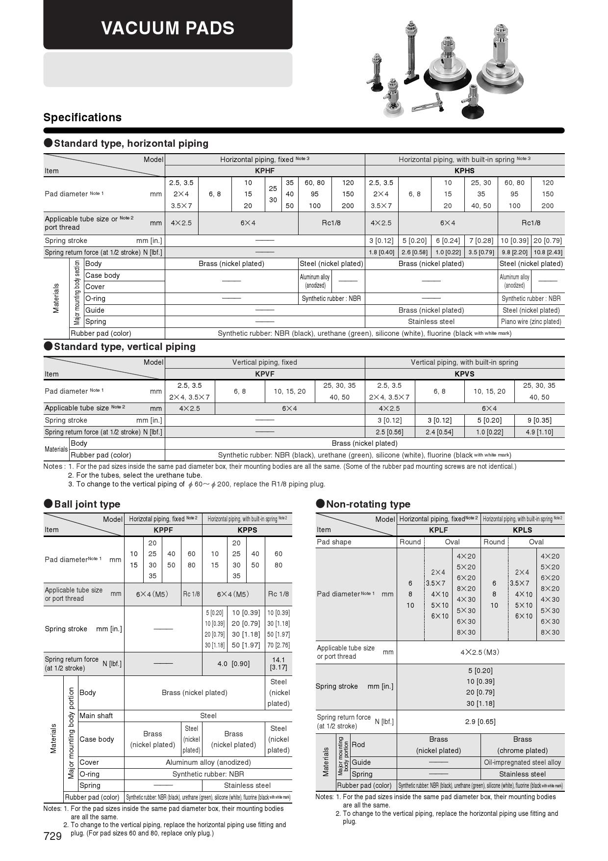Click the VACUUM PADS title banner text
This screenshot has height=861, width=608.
pyautogui.click(x=168, y=28)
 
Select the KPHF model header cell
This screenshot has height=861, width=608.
pyautogui.click(x=265, y=171)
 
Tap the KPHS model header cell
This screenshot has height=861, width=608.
pyautogui.click(x=464, y=171)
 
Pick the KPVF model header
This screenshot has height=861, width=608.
pyautogui.click(x=265, y=374)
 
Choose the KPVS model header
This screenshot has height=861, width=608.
pyautogui.click(x=464, y=374)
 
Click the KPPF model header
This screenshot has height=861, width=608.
pyautogui.click(x=163, y=530)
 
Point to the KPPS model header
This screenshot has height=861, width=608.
pyautogui.click(x=247, y=530)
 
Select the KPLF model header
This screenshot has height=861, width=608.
pyautogui.click(x=438, y=530)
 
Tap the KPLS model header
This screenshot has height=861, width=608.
pyautogui.click(x=522, y=530)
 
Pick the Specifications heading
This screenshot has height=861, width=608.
pyautogui.click(x=82, y=117)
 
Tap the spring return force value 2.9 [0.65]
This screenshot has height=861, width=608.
pyautogui.click(x=480, y=722)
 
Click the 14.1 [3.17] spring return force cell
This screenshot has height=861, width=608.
pyautogui.click(x=279, y=664)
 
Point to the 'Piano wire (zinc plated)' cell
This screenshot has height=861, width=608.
pyautogui.click(x=531, y=322)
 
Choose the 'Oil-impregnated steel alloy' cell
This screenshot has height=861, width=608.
pyautogui.click(x=522, y=762)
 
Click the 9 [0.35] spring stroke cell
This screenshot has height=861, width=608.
pyautogui.click(x=539, y=420)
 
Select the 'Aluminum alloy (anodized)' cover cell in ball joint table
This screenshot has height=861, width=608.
pyautogui.click(x=208, y=762)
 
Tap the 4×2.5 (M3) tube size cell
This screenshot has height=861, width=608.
pyautogui.click(x=480, y=652)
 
